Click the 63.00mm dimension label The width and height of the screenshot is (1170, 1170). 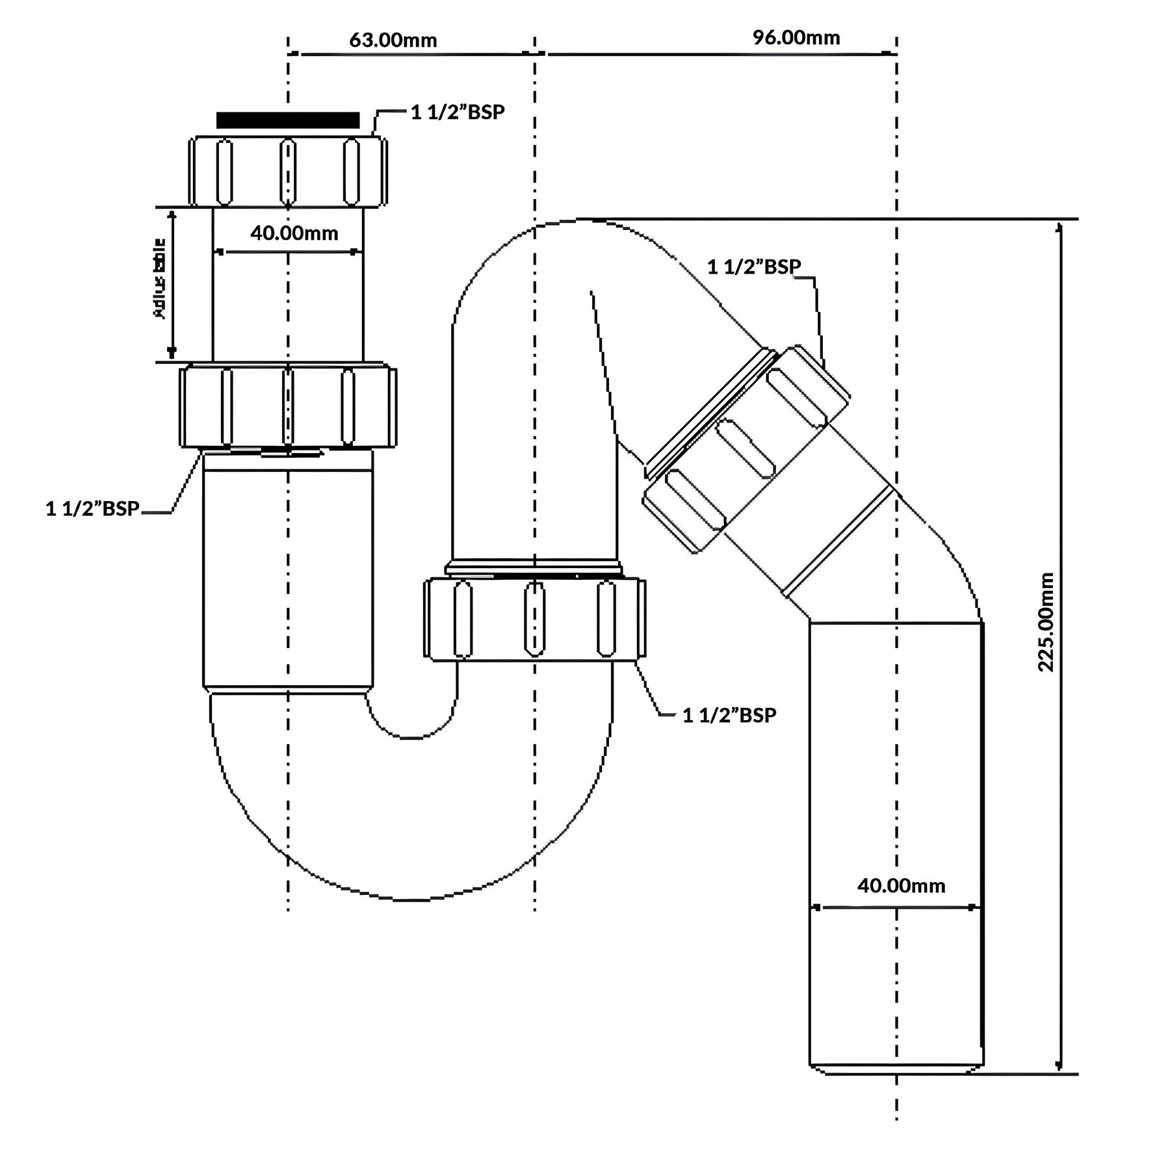393,40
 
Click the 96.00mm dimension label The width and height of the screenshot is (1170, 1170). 796,38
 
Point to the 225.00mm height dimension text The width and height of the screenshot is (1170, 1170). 1046,622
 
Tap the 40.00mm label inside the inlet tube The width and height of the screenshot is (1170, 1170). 294,233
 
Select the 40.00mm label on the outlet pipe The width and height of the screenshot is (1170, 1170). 901,885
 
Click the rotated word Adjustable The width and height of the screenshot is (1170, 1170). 159,279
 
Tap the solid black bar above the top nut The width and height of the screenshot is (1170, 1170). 287,120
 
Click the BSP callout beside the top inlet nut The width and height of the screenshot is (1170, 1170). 458,112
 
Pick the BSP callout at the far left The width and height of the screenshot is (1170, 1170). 93,509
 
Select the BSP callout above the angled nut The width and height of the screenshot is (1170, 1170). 754,267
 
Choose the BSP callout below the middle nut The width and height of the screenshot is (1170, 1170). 729,716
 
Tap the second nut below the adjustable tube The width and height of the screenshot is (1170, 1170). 287,407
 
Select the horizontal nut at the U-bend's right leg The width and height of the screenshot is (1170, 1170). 534,619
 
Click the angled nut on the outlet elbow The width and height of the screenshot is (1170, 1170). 747,448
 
